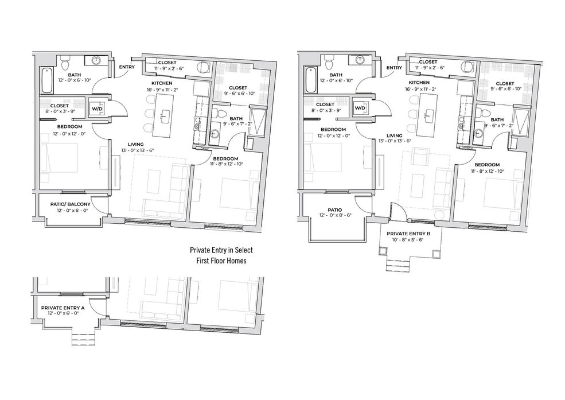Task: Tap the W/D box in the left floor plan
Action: tap(96, 108)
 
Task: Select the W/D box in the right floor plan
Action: tap(360, 107)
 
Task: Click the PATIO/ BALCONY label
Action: tap(70, 204)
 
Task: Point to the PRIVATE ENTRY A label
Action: tap(63, 308)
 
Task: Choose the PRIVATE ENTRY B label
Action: tap(408, 234)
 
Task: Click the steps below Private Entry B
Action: tap(398, 266)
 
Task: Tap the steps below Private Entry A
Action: tap(83, 339)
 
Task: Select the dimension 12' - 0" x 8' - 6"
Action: tap(335, 215)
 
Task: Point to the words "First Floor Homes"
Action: tap(221, 261)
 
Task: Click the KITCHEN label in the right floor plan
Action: tap(419, 83)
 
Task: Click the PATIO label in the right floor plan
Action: tap(335, 209)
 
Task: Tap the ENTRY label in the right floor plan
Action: tap(394, 67)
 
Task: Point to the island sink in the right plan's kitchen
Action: tap(428, 115)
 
